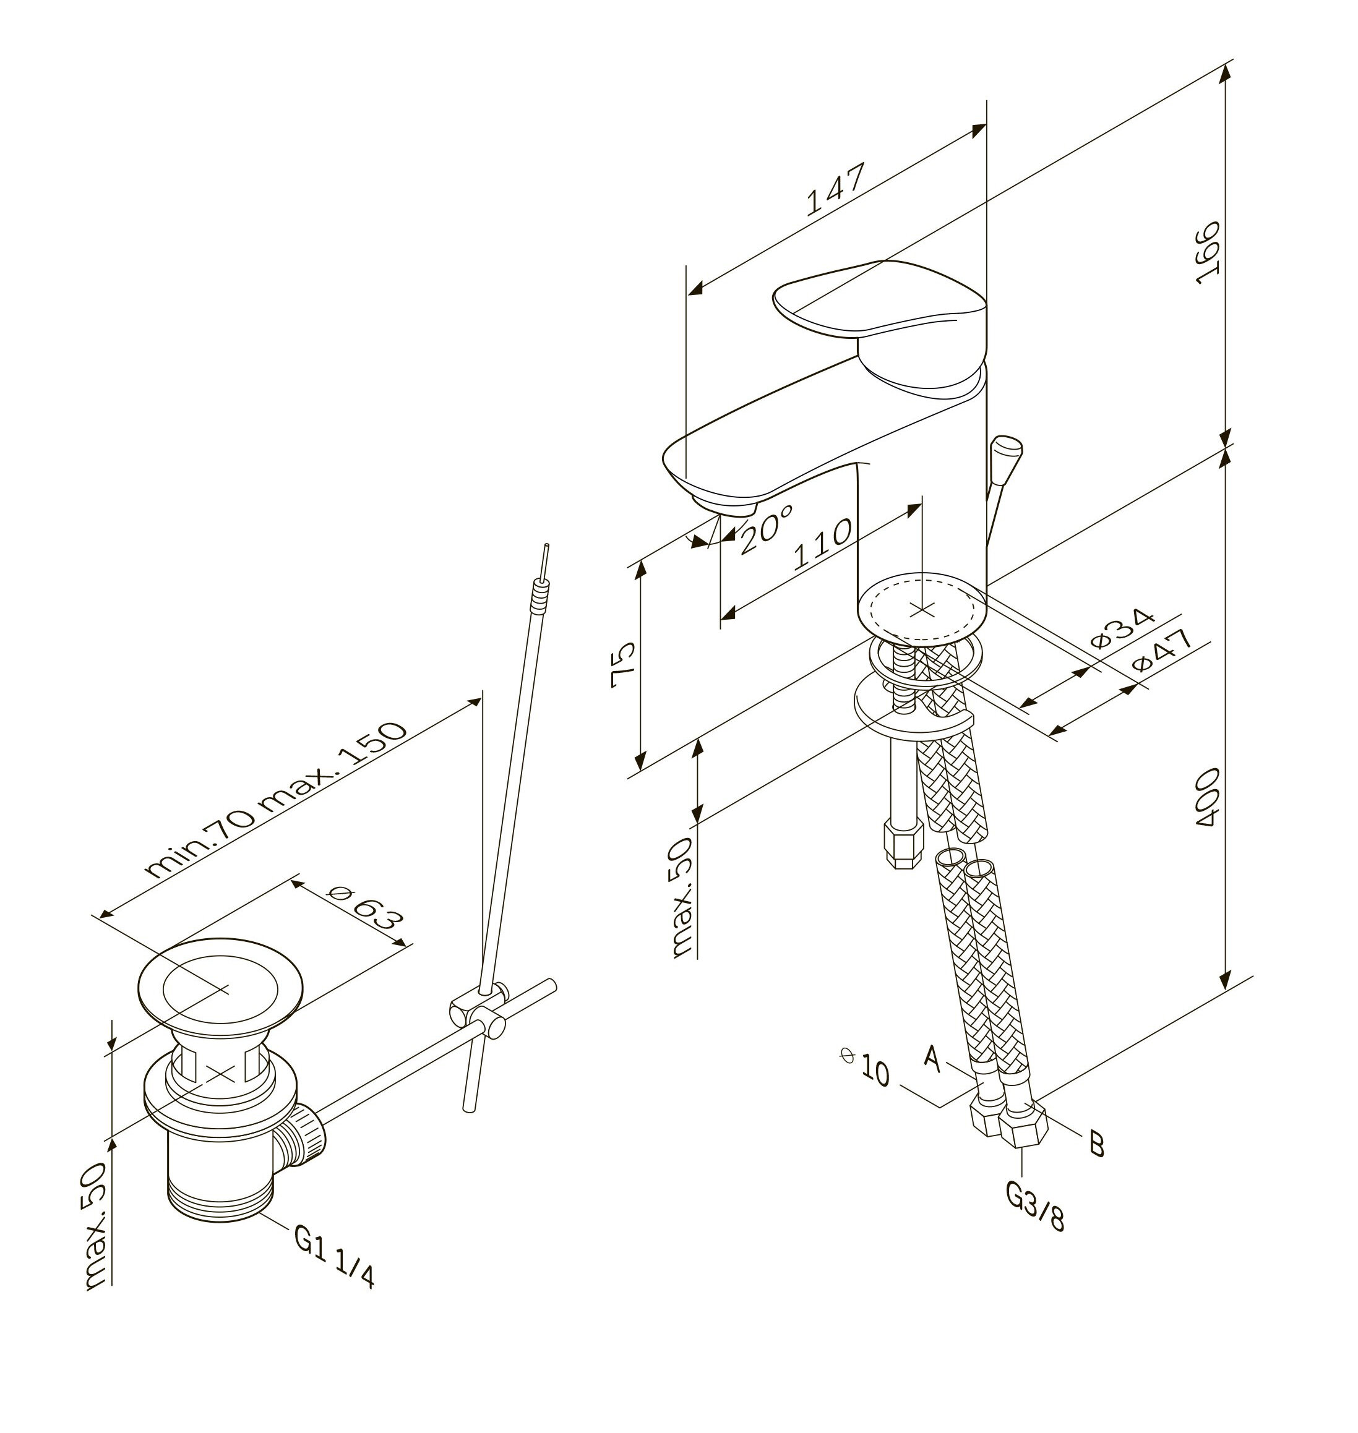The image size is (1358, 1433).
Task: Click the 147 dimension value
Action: click(x=835, y=190)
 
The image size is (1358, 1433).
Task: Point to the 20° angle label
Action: click(x=766, y=529)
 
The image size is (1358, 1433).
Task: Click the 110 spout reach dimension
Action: click(x=822, y=545)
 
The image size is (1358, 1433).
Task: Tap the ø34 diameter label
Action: click(x=1123, y=628)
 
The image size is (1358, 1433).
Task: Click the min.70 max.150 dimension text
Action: click(x=277, y=799)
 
